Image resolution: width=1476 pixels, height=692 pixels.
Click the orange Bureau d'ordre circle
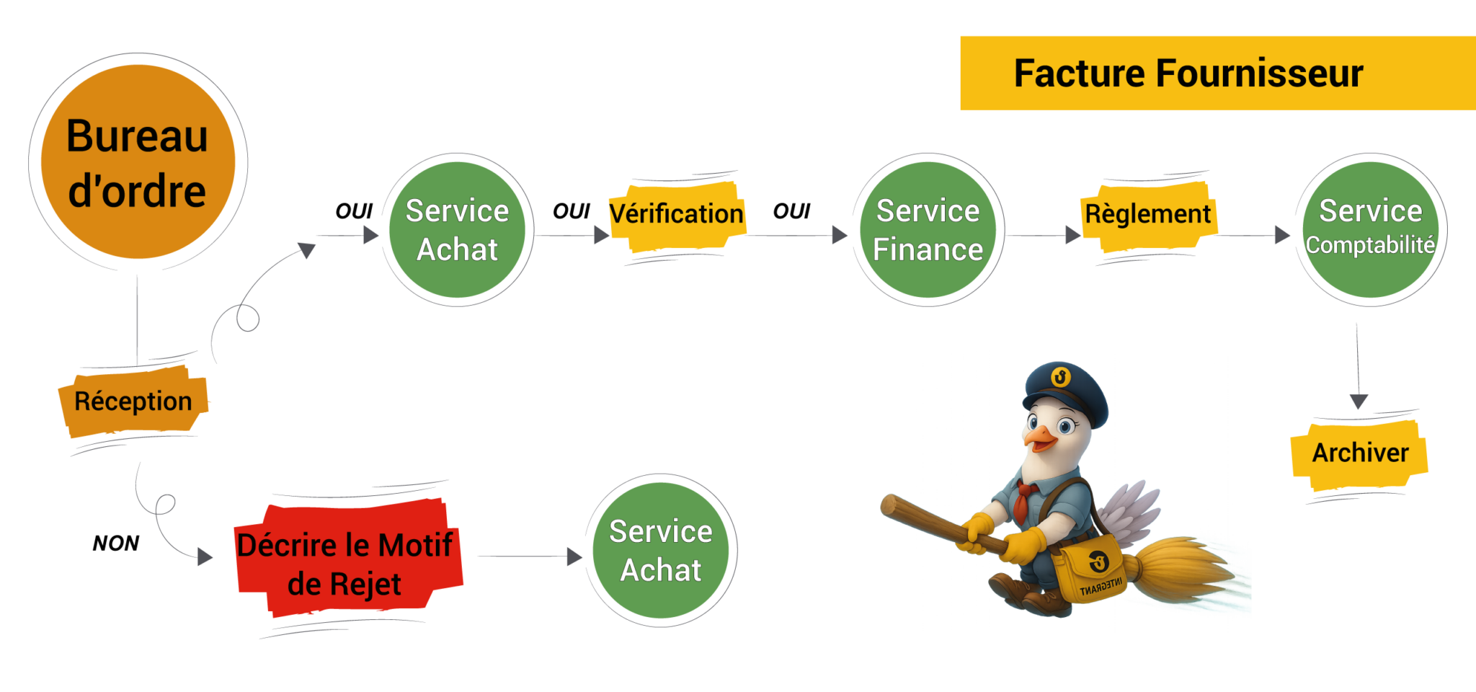click(x=138, y=161)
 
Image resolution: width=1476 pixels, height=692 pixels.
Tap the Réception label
click(x=133, y=401)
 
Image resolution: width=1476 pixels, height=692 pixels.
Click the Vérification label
click(x=676, y=214)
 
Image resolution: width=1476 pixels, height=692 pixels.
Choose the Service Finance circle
click(x=928, y=230)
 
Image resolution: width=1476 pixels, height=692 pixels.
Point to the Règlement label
click(x=1148, y=214)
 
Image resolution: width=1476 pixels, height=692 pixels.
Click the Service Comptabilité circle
click(x=1370, y=230)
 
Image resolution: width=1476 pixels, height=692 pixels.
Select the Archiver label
click(x=1359, y=453)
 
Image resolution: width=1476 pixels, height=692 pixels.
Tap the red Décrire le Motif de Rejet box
click(x=346, y=562)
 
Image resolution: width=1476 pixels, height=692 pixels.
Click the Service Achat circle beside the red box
click(x=660, y=551)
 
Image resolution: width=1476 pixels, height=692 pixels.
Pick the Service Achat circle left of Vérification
click(x=457, y=230)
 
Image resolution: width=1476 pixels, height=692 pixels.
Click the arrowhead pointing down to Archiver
click(x=1359, y=402)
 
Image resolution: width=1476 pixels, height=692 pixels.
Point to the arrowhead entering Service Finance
click(x=840, y=235)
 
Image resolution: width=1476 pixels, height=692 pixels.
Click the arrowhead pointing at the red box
click(x=206, y=556)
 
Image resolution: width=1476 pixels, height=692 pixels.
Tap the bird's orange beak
click(x=1039, y=437)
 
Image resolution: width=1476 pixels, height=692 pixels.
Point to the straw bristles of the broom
click(x=1182, y=569)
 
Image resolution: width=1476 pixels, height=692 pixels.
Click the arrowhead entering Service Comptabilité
click(x=1282, y=235)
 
